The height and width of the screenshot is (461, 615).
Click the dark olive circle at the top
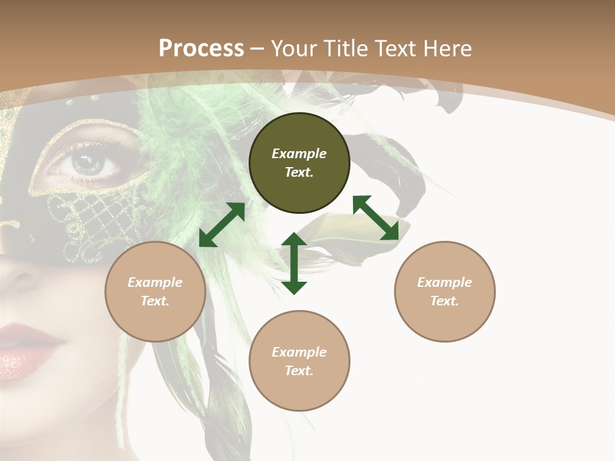tap(299, 163)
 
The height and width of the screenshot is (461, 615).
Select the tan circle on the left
tap(155, 291)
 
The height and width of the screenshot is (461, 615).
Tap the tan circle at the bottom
tap(299, 361)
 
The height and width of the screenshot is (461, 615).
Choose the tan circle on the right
tap(445, 291)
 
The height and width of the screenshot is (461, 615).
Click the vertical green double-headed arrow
tap(294, 263)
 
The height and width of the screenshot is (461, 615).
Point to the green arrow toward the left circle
tap(222, 225)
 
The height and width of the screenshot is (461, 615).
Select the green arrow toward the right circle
tap(375, 218)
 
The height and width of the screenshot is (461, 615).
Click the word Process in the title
tap(201, 48)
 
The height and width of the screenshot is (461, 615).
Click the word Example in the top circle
tap(299, 154)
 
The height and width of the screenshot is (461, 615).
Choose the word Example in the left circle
tap(155, 282)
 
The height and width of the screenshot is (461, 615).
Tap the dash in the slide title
tap(258, 49)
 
